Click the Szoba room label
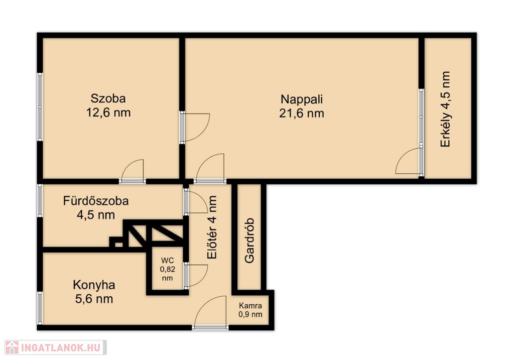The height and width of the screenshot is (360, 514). coord(108,98)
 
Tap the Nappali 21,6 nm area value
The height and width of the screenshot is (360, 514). coord(302,113)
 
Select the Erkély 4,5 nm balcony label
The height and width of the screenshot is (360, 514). coord(445,109)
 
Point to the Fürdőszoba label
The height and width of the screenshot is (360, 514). coord(96,201)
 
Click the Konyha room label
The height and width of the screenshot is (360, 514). coord(94,285)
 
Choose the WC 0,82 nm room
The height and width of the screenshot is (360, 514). coord(168,270)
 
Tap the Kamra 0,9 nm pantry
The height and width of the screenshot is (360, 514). coord(250,310)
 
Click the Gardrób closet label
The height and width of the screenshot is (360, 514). coord(249,241)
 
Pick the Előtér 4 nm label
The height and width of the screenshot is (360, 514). coord(212,227)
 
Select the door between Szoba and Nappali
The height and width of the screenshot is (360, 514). coord(195,127)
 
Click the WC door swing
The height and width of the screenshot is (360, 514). coord(196,276)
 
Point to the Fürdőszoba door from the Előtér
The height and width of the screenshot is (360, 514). coord(196,202)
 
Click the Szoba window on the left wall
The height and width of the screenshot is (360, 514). coord(40,107)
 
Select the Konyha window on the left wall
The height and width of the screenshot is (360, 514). coord(40,308)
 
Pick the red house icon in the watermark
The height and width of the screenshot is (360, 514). coord(12,347)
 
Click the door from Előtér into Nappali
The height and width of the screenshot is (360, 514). coord(210,168)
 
